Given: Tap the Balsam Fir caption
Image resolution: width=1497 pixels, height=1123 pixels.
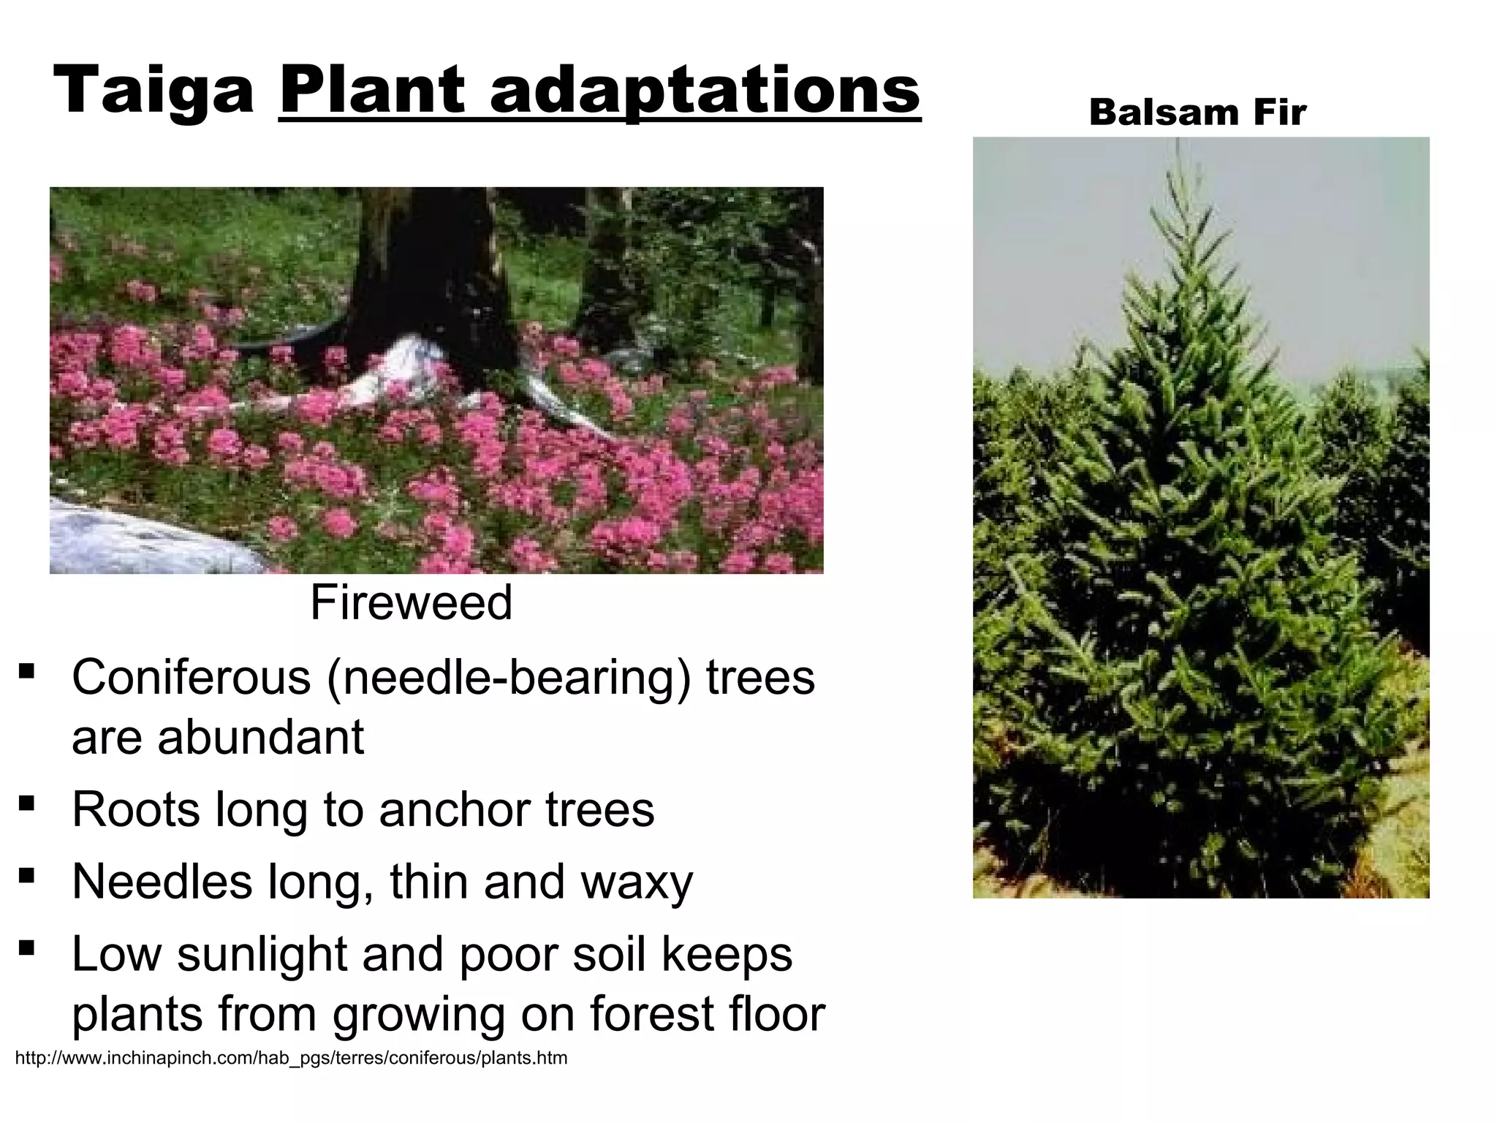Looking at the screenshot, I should [x=1197, y=113].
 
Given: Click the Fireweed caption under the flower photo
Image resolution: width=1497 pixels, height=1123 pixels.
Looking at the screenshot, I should [x=411, y=602].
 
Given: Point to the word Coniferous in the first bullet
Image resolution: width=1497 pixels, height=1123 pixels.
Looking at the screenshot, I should [x=192, y=677].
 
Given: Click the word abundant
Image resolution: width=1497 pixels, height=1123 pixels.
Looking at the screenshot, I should [x=260, y=737].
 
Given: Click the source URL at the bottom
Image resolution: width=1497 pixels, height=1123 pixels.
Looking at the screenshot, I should [x=291, y=1058].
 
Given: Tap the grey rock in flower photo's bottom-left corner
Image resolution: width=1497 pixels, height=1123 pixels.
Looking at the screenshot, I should [x=132, y=534].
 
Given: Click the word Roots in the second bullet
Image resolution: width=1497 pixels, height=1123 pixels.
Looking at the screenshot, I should [x=135, y=809].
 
